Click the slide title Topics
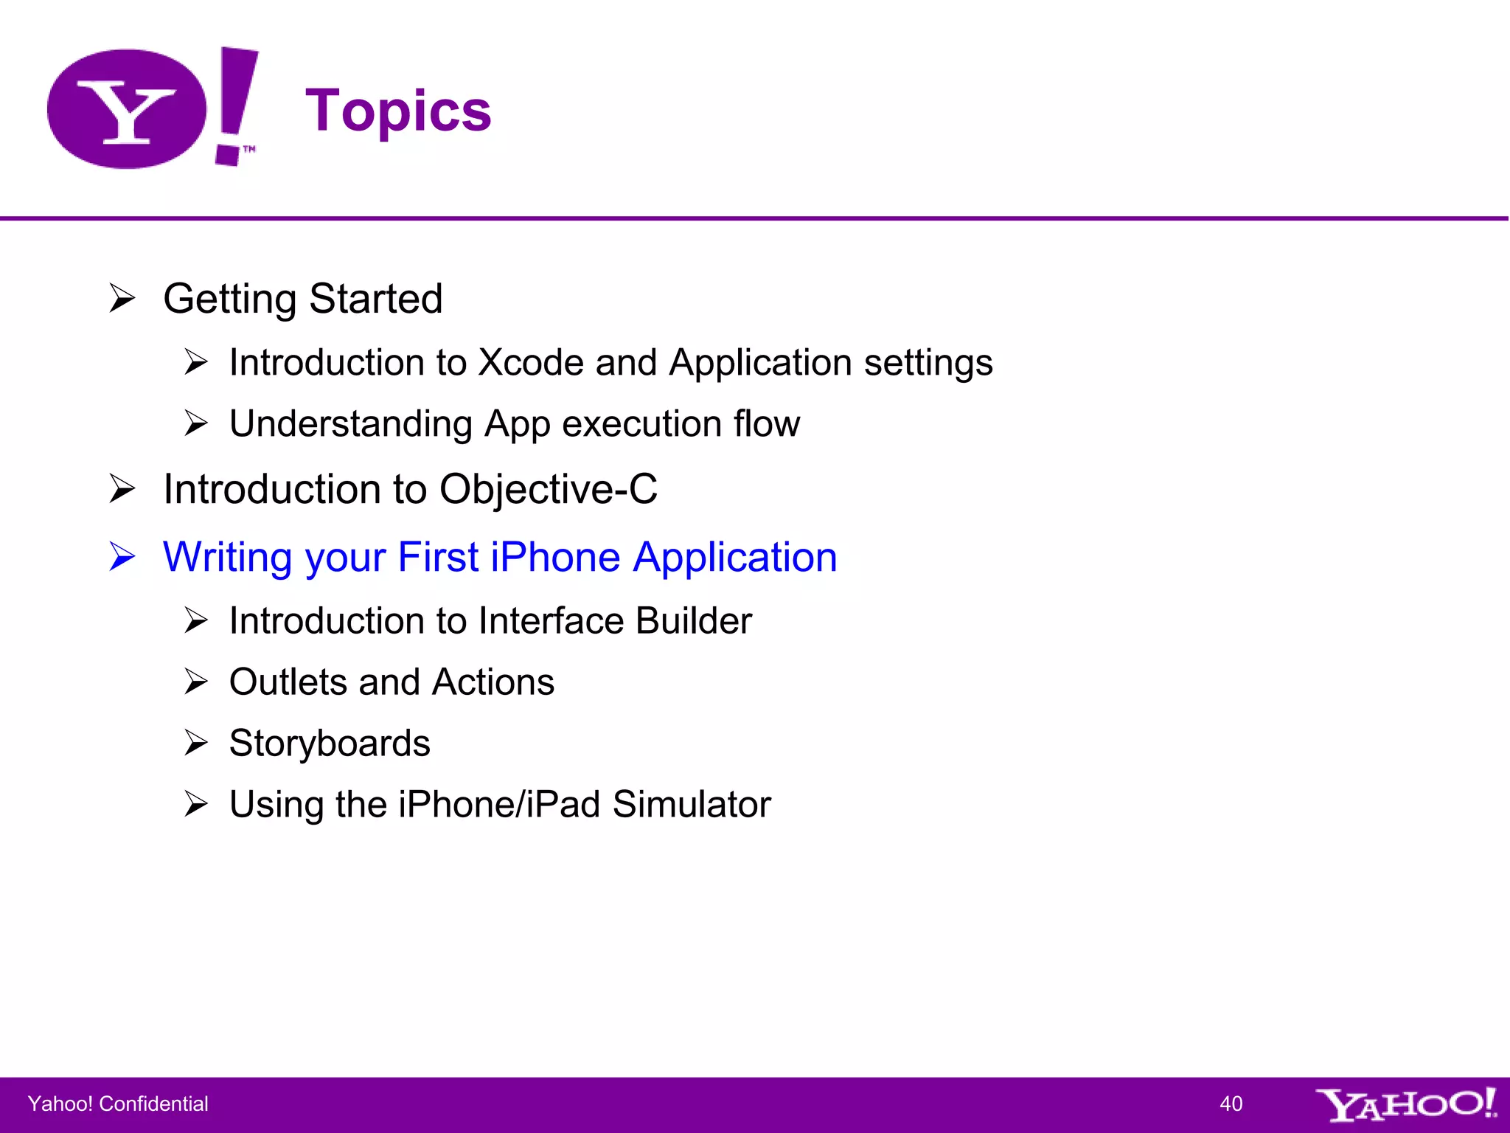(x=398, y=111)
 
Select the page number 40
(x=1231, y=1103)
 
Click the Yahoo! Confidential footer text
(x=118, y=1103)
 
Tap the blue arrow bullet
(x=122, y=557)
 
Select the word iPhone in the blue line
(x=555, y=557)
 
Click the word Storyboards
(x=330, y=743)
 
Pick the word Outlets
(x=288, y=682)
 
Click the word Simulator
(x=691, y=804)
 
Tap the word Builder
(x=693, y=620)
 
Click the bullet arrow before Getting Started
(x=122, y=299)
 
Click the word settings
(x=928, y=362)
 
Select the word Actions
(x=493, y=682)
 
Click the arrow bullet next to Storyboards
(x=196, y=743)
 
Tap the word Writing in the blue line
(x=228, y=557)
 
